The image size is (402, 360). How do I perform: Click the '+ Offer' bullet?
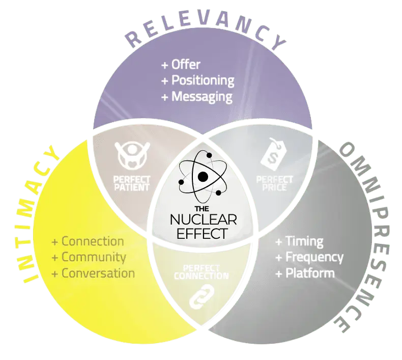tap(181, 65)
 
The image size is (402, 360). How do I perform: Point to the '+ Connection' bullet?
tap(88, 241)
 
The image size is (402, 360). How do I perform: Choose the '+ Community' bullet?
tap(89, 257)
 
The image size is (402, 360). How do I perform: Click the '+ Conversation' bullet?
tap(93, 273)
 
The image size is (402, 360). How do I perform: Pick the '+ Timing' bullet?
tap(299, 241)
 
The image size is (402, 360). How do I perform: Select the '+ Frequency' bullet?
tap(309, 257)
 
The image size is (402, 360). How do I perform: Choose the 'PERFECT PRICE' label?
tap(275, 183)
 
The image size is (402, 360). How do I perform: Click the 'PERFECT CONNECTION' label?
tap(201, 272)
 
